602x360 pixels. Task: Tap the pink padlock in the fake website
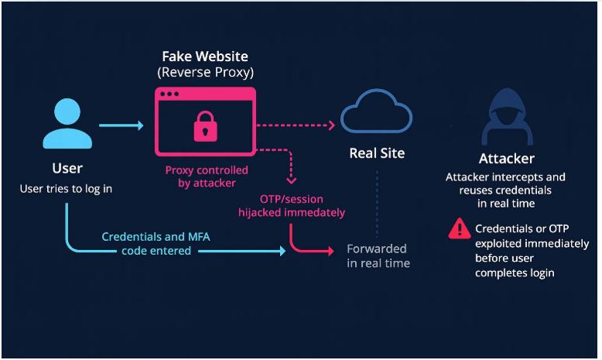205,125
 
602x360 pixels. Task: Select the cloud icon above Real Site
376,114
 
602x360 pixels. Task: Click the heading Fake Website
205,57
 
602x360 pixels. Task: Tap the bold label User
67,168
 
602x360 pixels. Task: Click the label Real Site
377,153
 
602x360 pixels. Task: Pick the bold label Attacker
507,159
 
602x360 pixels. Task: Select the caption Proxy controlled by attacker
207,177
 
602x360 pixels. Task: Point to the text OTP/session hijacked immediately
303,205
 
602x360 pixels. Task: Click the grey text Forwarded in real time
378,256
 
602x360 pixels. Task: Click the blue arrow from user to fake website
121,125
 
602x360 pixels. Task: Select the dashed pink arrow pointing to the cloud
294,124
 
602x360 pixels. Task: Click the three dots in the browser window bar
170,94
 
